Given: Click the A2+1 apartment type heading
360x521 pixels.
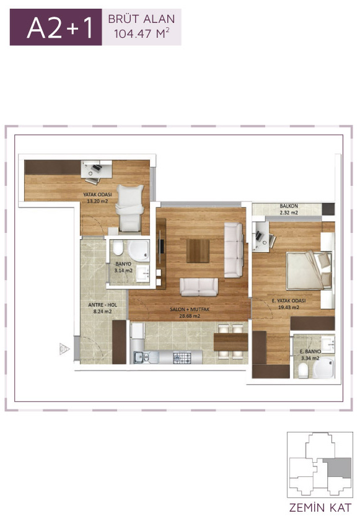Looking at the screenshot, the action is [59, 28].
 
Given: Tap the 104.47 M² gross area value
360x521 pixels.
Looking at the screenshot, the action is [142, 33].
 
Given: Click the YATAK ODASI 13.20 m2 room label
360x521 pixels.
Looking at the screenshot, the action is [97, 198].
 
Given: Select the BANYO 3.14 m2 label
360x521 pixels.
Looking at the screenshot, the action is [123, 267].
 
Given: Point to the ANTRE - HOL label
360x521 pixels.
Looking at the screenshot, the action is [102, 305].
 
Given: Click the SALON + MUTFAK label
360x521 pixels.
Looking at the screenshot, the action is [190, 309].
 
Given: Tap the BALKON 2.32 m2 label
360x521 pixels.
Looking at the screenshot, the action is [289, 209].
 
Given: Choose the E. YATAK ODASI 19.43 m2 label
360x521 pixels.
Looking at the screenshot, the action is [289, 304].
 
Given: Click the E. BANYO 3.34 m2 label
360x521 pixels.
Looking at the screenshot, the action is [310, 354].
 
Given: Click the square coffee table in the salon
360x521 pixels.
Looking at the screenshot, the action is [198, 250].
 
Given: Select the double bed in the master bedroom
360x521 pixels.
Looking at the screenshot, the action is [309, 271].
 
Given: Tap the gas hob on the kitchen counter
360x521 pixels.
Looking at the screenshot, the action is [182, 358].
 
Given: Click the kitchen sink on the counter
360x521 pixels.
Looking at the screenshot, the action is [143, 357].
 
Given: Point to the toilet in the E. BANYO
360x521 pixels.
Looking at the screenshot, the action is [303, 370].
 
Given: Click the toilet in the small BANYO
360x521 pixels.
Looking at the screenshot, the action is [118, 248].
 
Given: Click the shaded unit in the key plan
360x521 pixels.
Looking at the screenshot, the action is [337, 468].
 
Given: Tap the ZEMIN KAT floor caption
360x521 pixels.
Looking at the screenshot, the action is [320, 508].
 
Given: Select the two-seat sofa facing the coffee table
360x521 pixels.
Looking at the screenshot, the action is [199, 287].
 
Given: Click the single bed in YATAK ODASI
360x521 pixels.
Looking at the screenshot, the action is [130, 208].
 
